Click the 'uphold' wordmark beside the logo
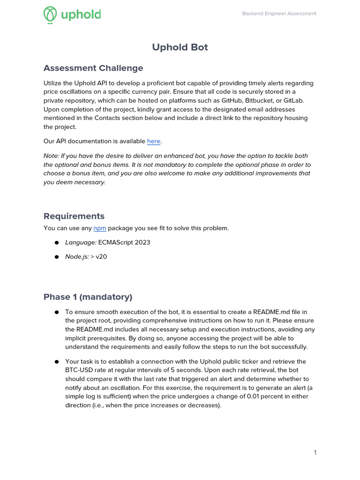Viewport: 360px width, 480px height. (x=81, y=15)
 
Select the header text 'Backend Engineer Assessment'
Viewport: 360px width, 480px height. (x=279, y=14)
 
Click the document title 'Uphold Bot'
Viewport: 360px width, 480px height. (x=180, y=47)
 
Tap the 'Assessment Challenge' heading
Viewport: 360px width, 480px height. (x=93, y=68)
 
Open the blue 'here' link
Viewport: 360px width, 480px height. (x=154, y=141)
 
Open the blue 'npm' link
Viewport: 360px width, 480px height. (x=100, y=228)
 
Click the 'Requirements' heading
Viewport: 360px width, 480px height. (x=74, y=216)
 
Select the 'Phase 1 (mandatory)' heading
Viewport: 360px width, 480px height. (x=88, y=297)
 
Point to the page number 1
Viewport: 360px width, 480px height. (x=315, y=452)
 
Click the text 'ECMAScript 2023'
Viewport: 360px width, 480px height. (x=124, y=242)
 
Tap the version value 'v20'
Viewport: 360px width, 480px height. (x=101, y=257)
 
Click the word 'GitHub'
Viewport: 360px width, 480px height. (x=224, y=101)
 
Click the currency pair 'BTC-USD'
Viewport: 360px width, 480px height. (x=78, y=370)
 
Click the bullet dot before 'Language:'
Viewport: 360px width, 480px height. (x=56, y=243)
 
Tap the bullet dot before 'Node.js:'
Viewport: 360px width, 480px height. (x=56, y=257)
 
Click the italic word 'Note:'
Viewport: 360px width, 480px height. (x=52, y=156)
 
